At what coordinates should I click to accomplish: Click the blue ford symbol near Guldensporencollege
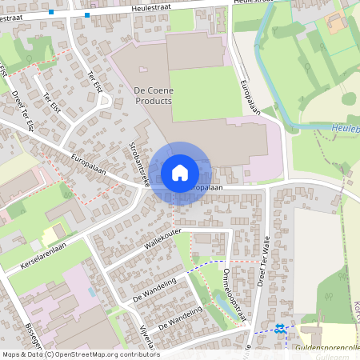(280, 328)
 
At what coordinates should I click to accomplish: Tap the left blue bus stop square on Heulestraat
(51, 12)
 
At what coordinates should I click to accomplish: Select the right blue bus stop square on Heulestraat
(86, 14)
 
